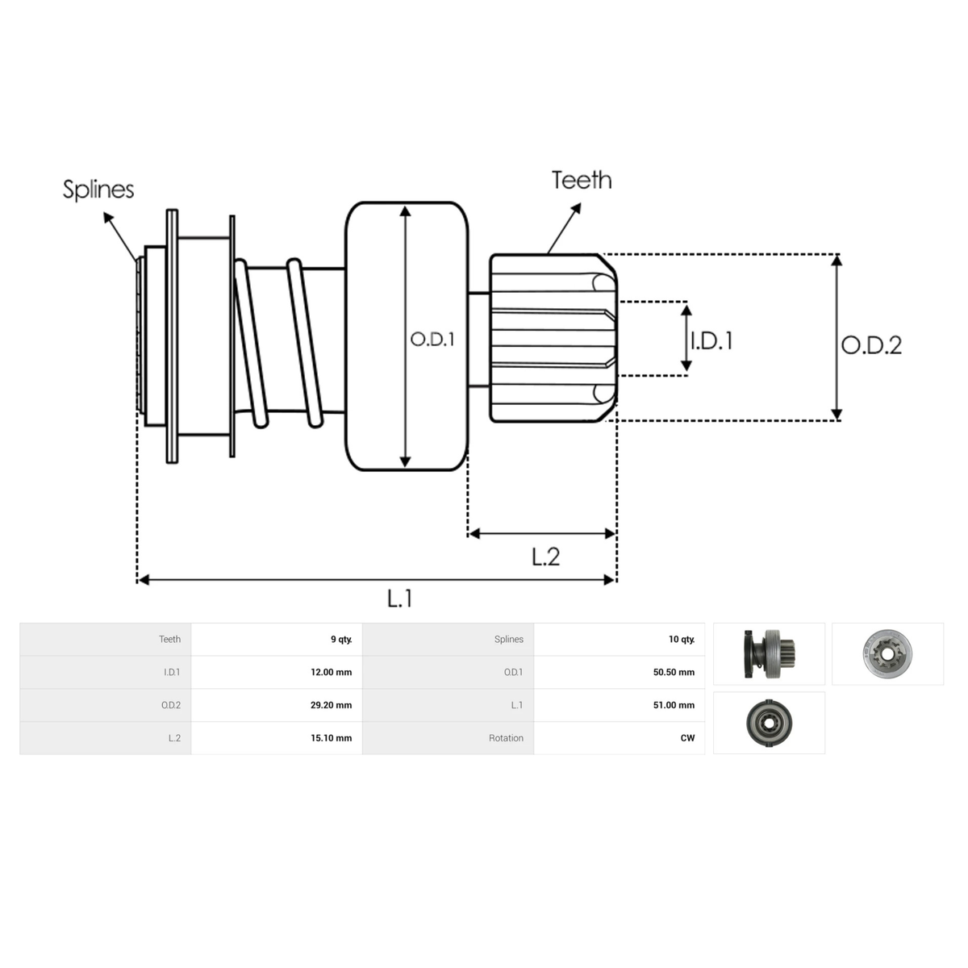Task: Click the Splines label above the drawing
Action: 98,190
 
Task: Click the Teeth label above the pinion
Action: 582,180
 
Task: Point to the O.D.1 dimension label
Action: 432,340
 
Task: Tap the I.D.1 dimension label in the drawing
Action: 711,341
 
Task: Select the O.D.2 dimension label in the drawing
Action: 871,345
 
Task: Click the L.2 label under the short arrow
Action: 545,557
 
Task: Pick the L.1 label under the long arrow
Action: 400,599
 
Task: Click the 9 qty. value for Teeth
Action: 341,640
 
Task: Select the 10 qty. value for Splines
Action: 682,640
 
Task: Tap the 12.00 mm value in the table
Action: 332,672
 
